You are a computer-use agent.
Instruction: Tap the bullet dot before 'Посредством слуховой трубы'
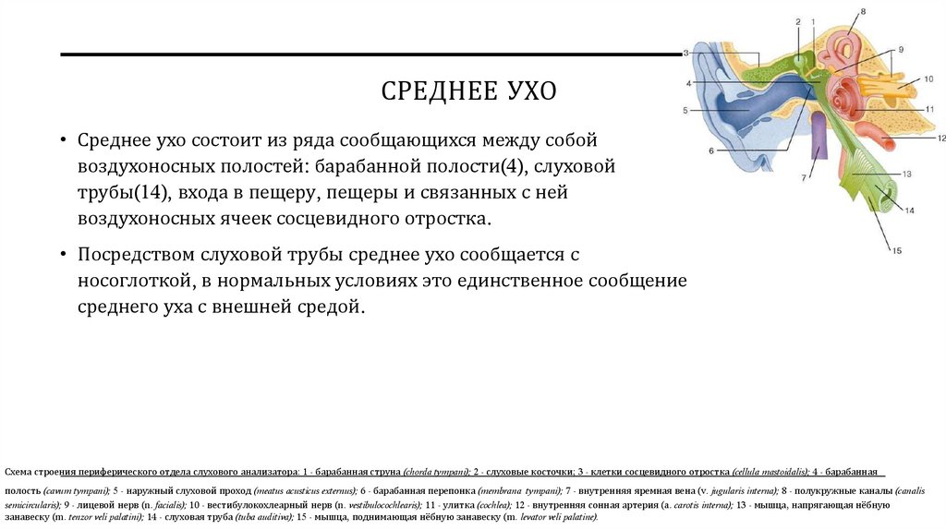tap(62, 253)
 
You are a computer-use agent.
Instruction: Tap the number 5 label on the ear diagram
tap(687, 111)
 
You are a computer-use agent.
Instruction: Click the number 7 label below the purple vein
tap(804, 175)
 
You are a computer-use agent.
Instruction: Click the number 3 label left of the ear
tap(686, 54)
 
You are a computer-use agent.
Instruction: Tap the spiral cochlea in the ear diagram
tap(843, 92)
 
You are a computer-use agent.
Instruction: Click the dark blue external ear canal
tap(758, 113)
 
